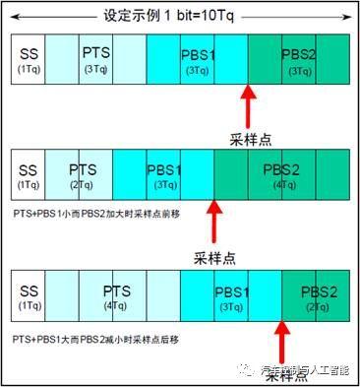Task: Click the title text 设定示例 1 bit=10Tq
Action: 180,17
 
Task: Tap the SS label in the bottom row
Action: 28,295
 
